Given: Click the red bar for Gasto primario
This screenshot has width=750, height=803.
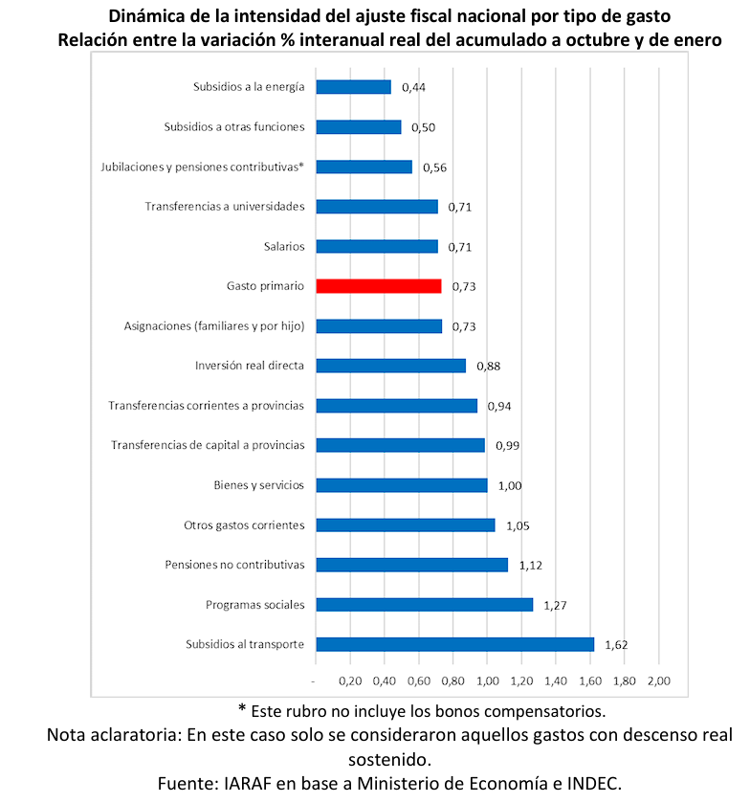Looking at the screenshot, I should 378,286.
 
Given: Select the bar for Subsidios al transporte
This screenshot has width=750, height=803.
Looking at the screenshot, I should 454,644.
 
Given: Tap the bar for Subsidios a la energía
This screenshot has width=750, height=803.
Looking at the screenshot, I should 353,87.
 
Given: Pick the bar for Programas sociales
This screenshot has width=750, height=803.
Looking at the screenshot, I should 424,604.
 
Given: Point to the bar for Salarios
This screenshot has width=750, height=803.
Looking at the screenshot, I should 376,246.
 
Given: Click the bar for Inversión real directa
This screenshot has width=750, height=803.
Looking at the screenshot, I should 390,366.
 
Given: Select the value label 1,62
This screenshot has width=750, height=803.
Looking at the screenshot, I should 617,644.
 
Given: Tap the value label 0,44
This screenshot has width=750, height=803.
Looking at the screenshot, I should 413,87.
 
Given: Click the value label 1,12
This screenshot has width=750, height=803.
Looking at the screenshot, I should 531,565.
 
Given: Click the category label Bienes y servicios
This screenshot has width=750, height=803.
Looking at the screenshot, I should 258,485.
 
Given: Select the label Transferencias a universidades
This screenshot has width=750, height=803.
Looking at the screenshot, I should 225,207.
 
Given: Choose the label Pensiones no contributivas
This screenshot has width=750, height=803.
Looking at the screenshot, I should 234,565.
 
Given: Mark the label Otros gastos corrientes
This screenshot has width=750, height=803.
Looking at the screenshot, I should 244,524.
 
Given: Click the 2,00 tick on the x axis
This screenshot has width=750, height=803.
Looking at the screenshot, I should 659,680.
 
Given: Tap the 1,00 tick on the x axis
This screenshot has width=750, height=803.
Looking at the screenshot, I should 487,680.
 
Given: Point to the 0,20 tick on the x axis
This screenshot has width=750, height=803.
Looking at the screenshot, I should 350,680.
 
